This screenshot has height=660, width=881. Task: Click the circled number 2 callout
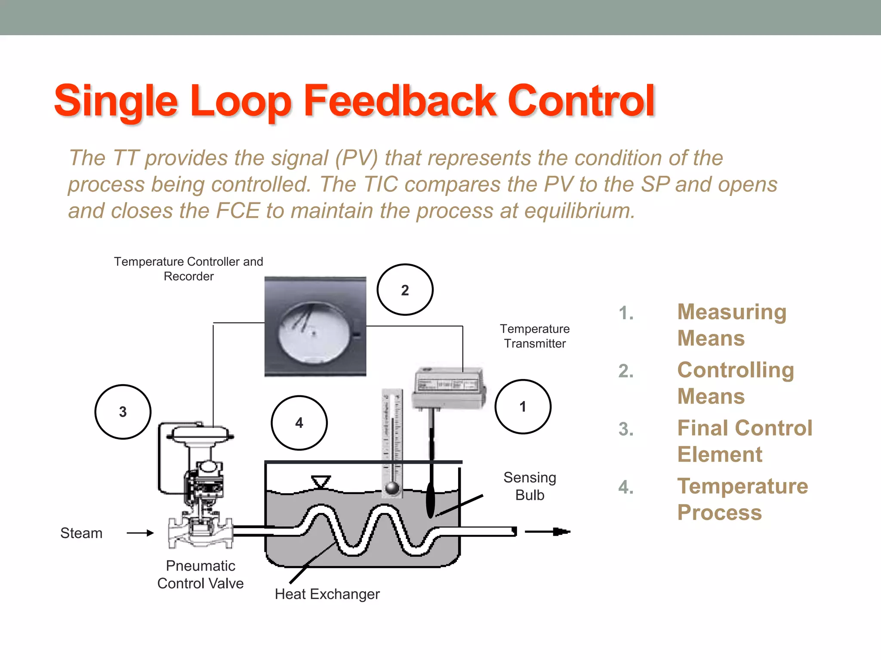pos(405,290)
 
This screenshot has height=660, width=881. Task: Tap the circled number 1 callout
pos(523,406)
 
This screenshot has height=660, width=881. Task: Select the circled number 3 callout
pos(123,412)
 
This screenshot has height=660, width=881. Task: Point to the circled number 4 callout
pos(299,423)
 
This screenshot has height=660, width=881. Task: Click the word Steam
pos(81,533)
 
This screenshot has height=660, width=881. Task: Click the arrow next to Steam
pos(140,533)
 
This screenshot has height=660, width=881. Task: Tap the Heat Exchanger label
pos(327,594)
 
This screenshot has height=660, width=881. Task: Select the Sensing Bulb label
pos(530,486)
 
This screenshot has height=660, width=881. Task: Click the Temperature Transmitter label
pos(535,336)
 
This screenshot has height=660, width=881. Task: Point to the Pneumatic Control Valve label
pos(200,574)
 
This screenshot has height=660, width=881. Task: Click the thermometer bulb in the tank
pos(392,488)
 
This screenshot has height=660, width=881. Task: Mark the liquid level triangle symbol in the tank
pos(321,482)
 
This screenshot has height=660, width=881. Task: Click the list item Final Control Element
pos(745,441)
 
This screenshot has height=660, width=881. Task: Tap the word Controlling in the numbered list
pos(736,370)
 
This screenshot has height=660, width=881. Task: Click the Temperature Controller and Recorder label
pos(188,269)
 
